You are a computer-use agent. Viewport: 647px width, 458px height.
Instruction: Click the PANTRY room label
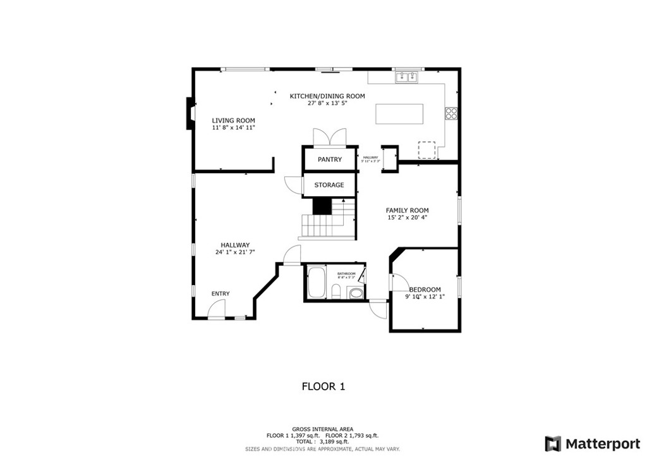329,159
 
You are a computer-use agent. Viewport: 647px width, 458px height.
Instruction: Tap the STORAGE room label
329,185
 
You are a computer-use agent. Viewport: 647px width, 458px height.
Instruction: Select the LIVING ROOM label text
233,120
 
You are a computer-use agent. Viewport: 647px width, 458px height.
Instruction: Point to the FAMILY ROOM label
408,211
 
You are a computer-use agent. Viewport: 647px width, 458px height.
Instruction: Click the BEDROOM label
425,290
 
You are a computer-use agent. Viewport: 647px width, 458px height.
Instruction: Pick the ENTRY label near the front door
221,294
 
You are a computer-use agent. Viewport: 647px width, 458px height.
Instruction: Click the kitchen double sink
407,77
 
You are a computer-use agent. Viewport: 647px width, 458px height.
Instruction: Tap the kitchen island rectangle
408,114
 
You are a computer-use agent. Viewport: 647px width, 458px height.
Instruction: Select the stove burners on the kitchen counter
451,113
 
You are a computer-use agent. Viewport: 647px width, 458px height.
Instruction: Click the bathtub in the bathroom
315,282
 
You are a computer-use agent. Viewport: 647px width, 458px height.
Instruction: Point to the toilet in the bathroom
337,292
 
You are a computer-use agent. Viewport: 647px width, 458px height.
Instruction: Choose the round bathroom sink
356,293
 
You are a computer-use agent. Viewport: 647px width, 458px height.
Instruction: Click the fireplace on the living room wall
189,114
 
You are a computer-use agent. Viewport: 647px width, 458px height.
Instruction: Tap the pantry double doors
329,137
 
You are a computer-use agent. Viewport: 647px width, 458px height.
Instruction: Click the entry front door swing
217,309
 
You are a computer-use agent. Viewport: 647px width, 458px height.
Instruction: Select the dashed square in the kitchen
427,150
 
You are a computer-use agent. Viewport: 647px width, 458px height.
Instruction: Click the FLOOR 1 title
323,386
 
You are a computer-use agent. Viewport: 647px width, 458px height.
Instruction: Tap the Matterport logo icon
553,443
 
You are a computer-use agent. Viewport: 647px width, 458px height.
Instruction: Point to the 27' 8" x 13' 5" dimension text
327,103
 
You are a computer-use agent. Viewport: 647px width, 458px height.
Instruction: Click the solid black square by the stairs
322,206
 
